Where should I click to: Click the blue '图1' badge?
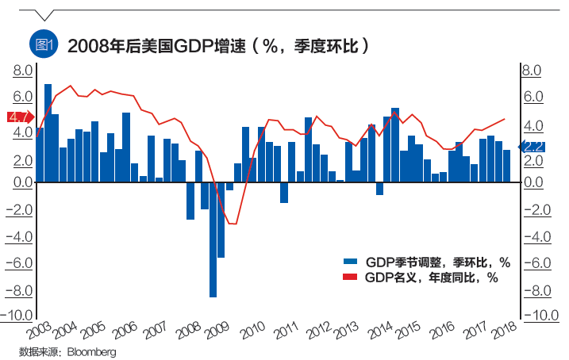click(x=41, y=44)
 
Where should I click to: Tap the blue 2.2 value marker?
click(x=530, y=146)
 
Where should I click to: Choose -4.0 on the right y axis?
click(x=536, y=236)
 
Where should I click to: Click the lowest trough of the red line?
click(x=233, y=224)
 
